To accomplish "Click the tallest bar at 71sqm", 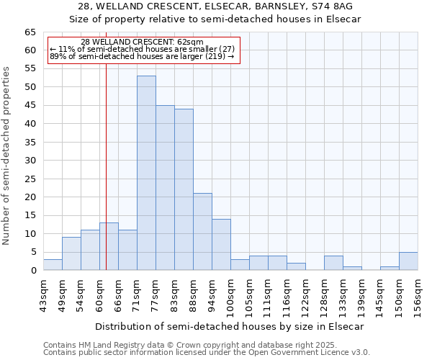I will coord(146,173).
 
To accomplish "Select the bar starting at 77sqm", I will coord(165,187).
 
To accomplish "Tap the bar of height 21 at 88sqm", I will coord(202,232).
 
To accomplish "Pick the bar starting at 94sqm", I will coord(221,245).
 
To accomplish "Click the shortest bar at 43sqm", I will coord(53,265).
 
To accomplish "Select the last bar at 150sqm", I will coord(408,261).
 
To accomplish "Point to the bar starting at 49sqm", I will coord(71,253).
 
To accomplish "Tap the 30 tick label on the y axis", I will coord(30,161).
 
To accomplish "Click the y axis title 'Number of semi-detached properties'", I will coord(7,156).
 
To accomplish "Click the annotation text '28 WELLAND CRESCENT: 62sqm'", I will coord(142,42).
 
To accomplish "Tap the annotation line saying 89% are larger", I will coord(142,56).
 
